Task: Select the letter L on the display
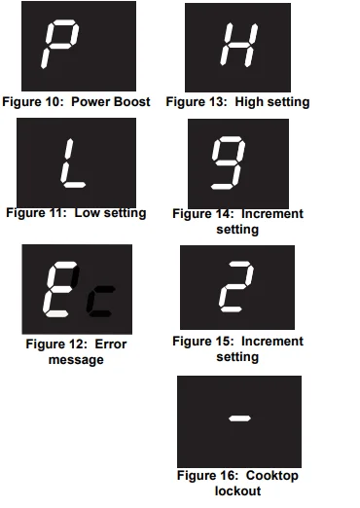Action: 71,163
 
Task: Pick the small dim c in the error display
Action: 99,301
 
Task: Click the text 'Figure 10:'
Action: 34,102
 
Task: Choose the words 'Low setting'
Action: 110,213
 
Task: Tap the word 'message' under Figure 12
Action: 76,360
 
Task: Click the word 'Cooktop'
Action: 271,475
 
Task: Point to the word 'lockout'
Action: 238,490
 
